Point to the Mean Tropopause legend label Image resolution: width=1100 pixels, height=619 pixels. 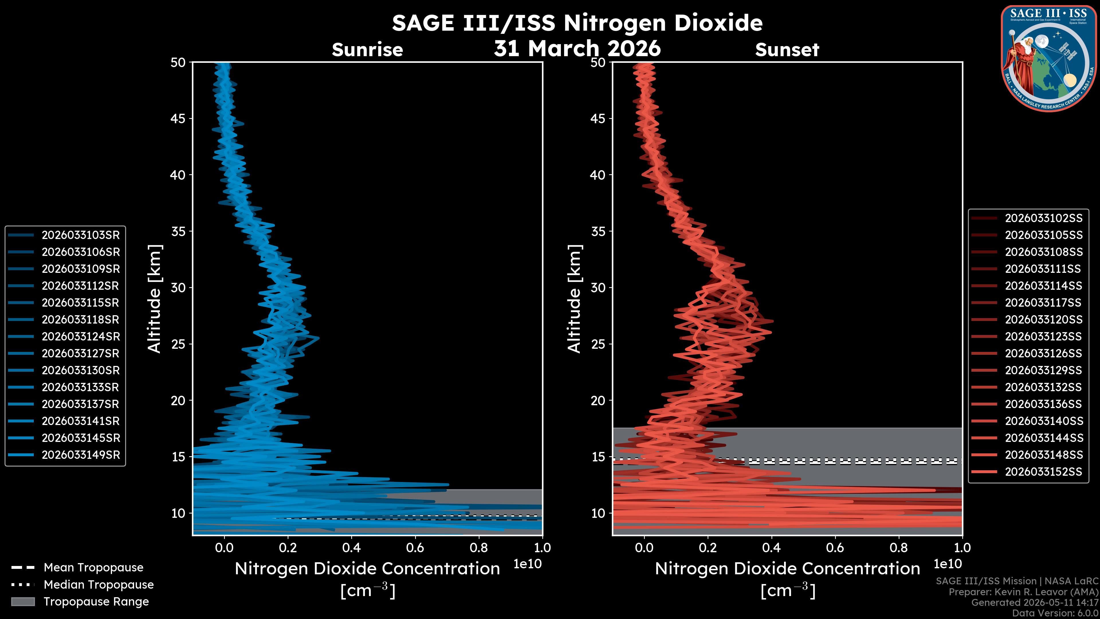[x=93, y=567]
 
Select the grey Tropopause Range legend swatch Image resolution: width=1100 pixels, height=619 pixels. [x=23, y=602]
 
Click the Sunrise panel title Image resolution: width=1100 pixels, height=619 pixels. [x=367, y=50]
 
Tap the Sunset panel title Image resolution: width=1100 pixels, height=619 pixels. [x=787, y=50]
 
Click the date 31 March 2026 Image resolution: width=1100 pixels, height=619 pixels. [x=577, y=48]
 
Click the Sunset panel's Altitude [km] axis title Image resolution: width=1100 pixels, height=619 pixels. [x=574, y=299]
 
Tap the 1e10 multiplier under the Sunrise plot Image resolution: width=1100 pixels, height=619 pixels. [x=527, y=564]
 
